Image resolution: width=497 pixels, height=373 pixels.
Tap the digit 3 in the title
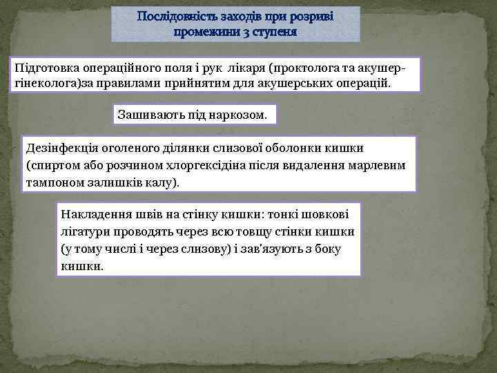[242, 32]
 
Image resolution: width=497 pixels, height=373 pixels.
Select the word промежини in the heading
[204, 32]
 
